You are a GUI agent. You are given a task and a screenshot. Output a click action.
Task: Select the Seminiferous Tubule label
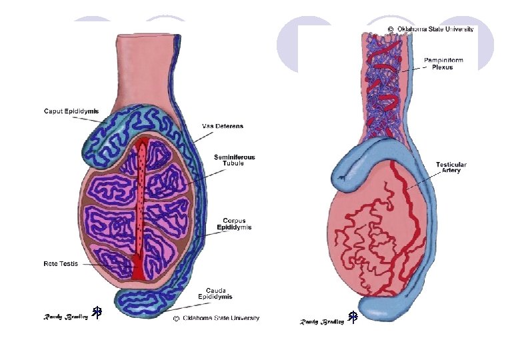click(234, 160)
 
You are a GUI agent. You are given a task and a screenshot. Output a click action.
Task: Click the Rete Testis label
click(61, 263)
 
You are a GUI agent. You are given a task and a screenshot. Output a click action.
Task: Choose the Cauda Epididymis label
click(215, 293)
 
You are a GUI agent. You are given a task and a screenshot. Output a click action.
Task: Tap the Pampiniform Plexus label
click(443, 63)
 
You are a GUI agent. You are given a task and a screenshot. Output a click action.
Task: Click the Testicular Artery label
click(451, 167)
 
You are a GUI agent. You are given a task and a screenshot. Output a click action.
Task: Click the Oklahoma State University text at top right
click(435, 29)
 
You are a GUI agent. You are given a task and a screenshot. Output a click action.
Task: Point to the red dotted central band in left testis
click(141, 200)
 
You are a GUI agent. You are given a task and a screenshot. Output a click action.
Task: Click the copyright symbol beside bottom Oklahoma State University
click(175, 319)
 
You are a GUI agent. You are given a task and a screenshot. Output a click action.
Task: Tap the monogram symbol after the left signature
click(97, 312)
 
